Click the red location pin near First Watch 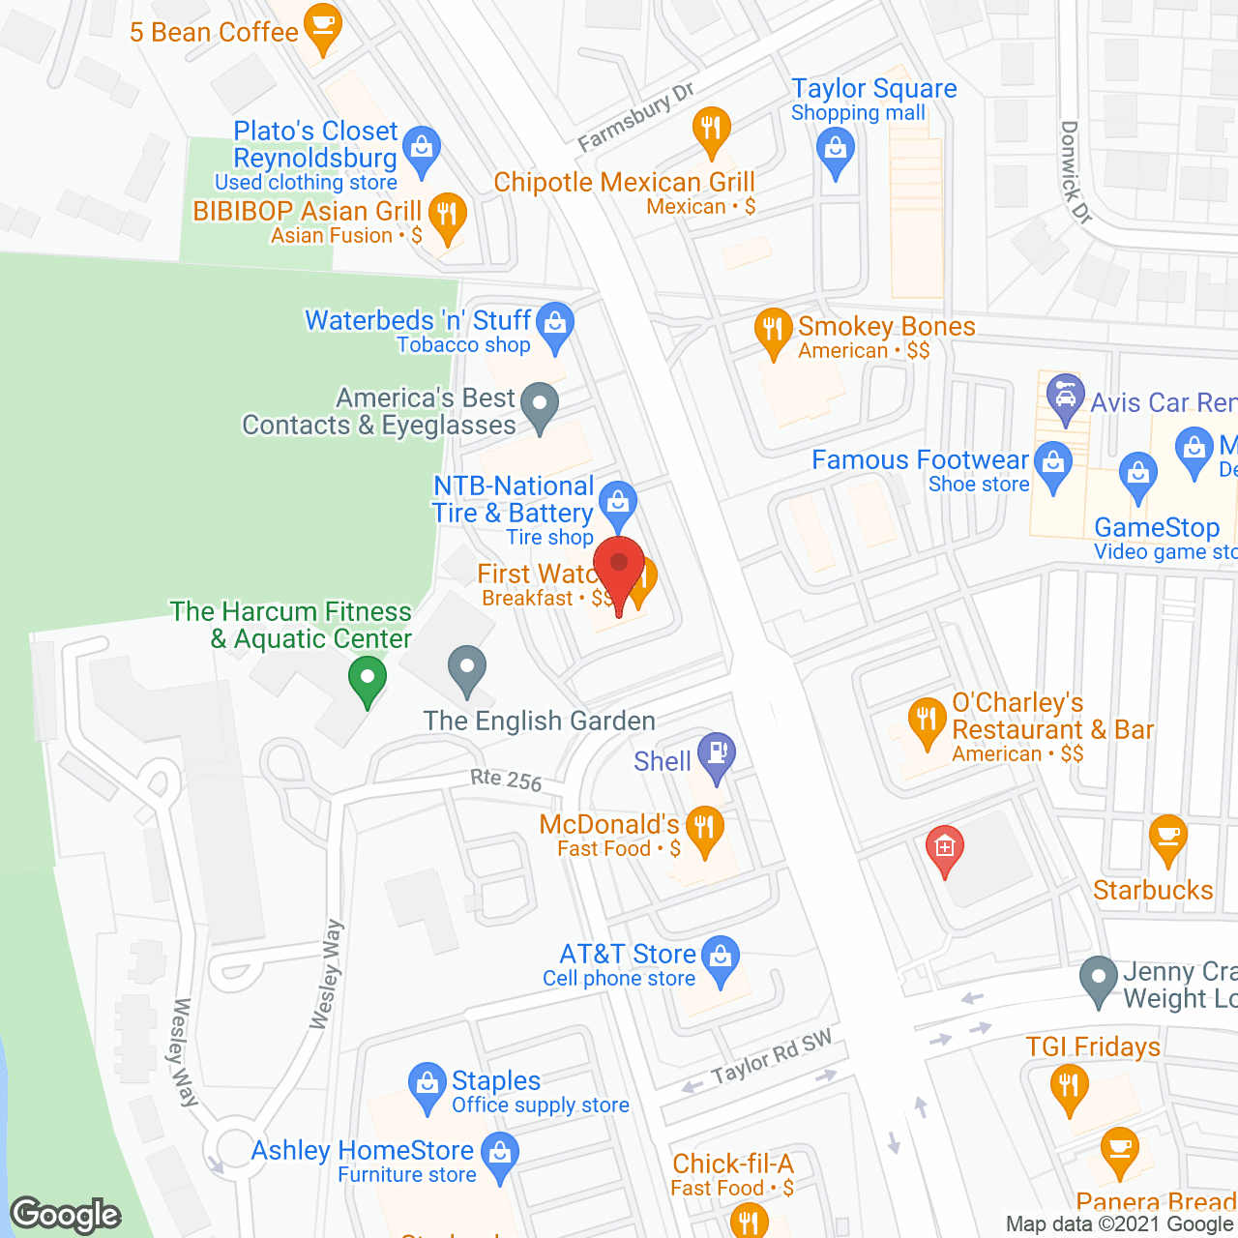point(619,565)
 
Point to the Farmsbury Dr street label point(635,118)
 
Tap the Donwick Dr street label point(1075,172)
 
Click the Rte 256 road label point(506,780)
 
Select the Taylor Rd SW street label point(771,1057)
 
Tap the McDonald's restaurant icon point(704,828)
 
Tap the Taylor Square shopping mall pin point(835,150)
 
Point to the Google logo point(66,1215)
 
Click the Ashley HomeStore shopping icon point(500,1153)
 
